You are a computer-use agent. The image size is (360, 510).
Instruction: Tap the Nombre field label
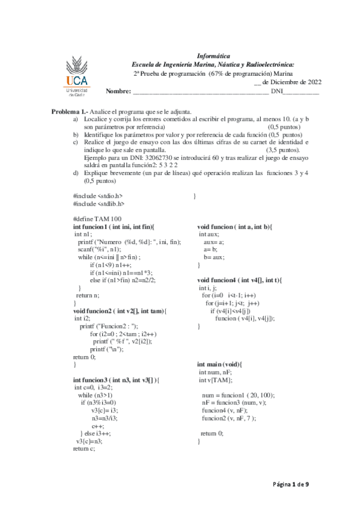[118, 91]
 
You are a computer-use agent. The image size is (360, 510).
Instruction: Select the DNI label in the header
[276, 91]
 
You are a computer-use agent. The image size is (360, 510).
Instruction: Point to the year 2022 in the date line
[310, 82]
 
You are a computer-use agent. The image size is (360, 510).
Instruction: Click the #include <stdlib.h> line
[99, 203]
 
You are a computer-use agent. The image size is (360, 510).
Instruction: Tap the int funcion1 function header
[113, 226]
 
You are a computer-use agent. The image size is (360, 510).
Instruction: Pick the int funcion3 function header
[115, 380]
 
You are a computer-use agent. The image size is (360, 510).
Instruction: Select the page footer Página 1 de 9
[291, 484]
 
